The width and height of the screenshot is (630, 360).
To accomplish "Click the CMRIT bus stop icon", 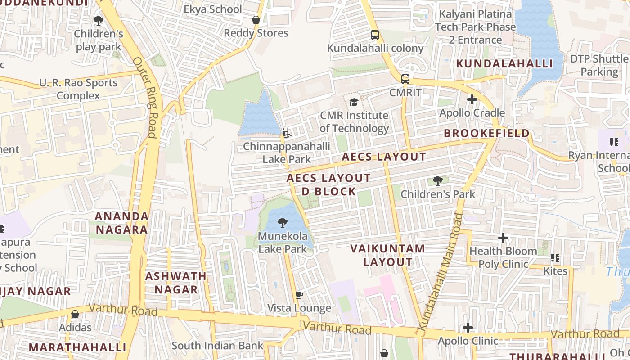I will [405, 79].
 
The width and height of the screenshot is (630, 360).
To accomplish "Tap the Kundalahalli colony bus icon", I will [374, 35].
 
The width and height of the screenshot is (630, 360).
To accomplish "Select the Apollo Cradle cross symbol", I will [472, 99].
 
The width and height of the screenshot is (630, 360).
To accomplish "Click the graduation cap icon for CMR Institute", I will [354, 102].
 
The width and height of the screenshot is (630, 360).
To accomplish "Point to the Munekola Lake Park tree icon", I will [283, 222].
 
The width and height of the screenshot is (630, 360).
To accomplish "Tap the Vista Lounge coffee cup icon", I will [299, 295].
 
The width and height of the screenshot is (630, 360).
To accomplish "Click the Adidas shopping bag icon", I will [75, 314].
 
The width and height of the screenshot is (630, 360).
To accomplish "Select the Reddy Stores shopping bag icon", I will [256, 20].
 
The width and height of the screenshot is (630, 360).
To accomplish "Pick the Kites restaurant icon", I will [555, 258].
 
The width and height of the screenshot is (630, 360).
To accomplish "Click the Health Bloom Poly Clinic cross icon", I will [503, 238].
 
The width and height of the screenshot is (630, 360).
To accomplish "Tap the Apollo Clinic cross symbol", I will [468, 328].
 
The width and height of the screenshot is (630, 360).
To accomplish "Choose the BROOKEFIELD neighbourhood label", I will [486, 133].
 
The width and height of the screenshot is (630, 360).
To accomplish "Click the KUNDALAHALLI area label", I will [504, 63].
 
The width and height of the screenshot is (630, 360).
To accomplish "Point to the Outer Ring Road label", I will [145, 97].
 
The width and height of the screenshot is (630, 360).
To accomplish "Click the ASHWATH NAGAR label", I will [175, 283].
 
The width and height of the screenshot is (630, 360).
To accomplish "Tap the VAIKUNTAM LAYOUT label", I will [387, 255].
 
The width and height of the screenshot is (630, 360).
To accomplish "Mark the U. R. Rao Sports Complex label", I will [78, 89].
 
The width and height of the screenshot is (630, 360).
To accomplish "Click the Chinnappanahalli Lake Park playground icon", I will [286, 133].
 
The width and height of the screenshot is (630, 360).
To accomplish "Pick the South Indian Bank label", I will [217, 346].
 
